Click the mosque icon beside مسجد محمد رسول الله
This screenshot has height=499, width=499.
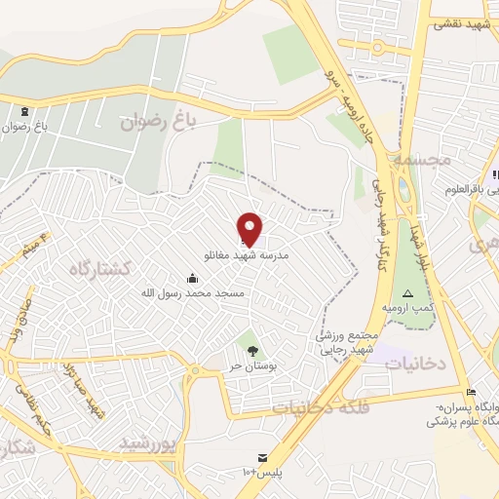coord(191,278)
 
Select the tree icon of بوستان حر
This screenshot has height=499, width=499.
coord(252,349)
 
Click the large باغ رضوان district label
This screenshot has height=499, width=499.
coord(158,123)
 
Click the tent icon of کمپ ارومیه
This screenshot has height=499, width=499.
coord(407,293)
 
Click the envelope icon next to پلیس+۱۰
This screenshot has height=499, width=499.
coord(260,458)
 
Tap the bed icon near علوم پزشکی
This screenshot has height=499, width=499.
coord(472,392)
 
